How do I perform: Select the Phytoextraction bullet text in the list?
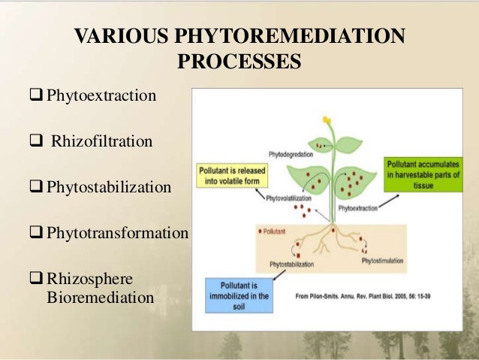(x=101, y=97)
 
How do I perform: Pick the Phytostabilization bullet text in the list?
(x=109, y=186)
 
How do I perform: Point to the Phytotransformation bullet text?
(x=117, y=233)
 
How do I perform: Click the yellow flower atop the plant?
(x=327, y=119)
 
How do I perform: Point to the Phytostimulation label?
(x=384, y=260)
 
